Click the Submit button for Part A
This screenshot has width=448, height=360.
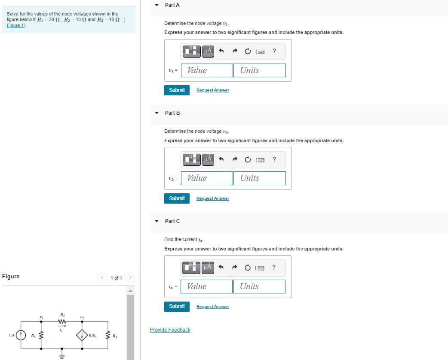[x=177, y=90]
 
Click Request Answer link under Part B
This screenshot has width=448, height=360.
[x=212, y=198]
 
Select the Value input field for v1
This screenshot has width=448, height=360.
[x=207, y=70]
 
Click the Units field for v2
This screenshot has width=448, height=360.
[x=259, y=178]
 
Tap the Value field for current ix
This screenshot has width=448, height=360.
[x=207, y=287]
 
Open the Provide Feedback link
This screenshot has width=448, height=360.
[x=170, y=330]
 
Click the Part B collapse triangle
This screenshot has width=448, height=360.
[x=157, y=113]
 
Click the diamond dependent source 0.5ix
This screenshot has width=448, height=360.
[x=82, y=335]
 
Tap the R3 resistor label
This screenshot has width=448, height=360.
[x=115, y=336]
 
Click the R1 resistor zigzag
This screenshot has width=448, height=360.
[x=42, y=335]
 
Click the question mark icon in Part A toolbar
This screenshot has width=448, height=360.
[x=274, y=52]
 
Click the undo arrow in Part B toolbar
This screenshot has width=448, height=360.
[x=221, y=160]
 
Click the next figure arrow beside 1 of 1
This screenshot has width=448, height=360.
[x=131, y=278]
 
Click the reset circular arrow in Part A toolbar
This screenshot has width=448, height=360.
[x=248, y=52]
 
